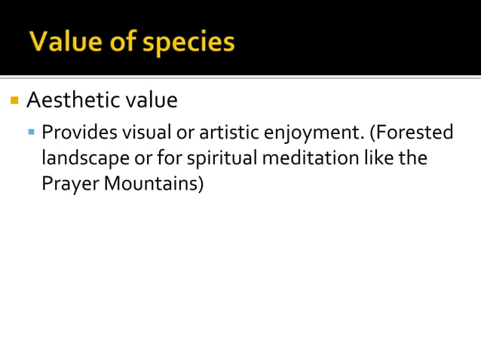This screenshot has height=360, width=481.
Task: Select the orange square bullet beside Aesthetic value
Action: pyautogui.click(x=14, y=99)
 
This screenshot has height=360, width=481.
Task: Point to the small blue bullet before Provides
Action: pyautogui.click(x=32, y=133)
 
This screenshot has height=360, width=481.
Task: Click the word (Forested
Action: pyautogui.click(x=411, y=133)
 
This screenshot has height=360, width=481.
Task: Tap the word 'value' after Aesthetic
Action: pyautogui.click(x=152, y=99)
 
